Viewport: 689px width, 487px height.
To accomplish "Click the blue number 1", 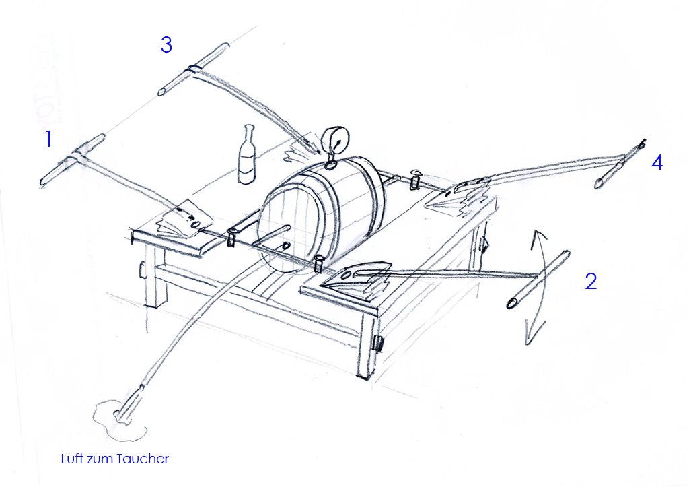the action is (48, 139).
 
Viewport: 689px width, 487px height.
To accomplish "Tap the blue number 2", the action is (591, 281).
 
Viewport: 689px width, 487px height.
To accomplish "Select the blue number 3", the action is (166, 44).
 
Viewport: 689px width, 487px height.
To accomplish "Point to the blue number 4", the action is (657, 162).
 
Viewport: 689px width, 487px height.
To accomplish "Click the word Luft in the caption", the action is (71, 459).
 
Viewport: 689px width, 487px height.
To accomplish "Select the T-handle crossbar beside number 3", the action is (193, 69).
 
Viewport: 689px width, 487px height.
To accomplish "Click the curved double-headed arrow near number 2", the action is (539, 287).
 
